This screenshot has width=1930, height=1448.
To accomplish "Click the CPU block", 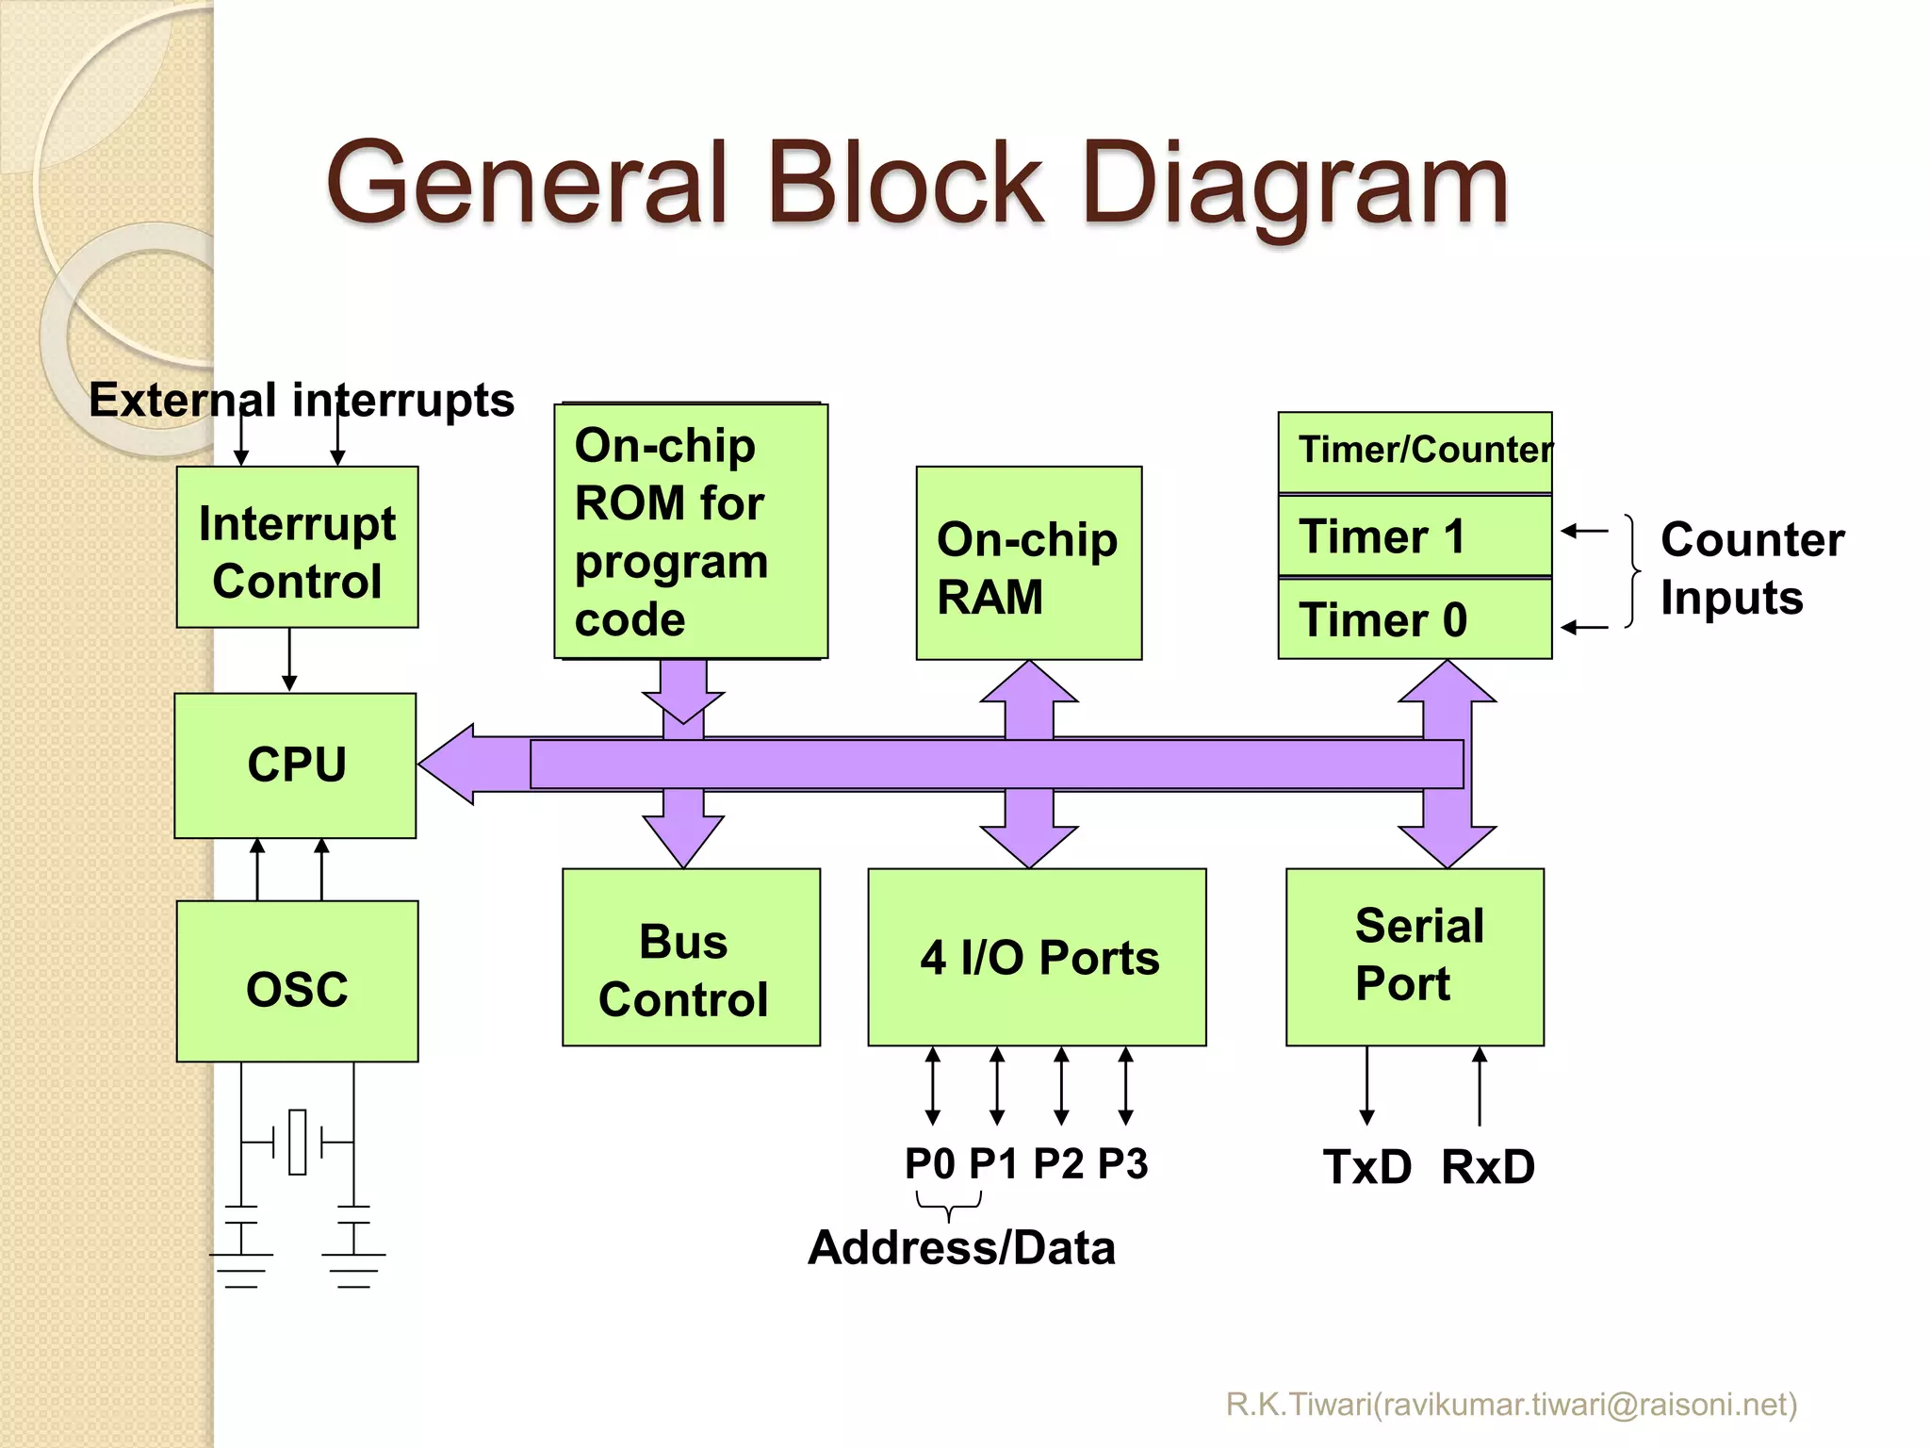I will tap(295, 765).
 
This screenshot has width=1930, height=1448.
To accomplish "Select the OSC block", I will tap(297, 981).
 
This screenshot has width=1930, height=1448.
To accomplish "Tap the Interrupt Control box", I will tap(297, 548).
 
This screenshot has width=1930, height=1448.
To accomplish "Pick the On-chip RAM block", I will tap(1028, 564).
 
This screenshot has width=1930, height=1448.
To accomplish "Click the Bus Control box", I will tap(691, 957).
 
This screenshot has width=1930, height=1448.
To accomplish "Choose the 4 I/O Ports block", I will tap(1037, 957).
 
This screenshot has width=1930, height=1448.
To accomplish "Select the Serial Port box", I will tap(1415, 957).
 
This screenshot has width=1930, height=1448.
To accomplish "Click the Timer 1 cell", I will tap(1414, 535).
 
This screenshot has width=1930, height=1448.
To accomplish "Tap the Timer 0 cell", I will tap(1414, 619).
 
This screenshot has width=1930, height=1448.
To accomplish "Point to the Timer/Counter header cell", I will tap(1414, 451).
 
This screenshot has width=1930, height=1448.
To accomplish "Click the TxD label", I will tap(1366, 1167).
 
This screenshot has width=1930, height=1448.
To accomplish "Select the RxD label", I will tap(1487, 1167).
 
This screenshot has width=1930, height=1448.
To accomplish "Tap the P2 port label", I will tap(1058, 1163).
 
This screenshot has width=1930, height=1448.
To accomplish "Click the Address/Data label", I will tap(961, 1247).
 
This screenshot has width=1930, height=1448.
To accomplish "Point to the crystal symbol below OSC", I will tap(298, 1142).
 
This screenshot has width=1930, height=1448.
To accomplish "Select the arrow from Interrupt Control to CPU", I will tap(289, 660).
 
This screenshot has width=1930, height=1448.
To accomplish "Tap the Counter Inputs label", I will tap(1751, 568).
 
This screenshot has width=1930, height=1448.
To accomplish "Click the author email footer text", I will tap(1511, 1405).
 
